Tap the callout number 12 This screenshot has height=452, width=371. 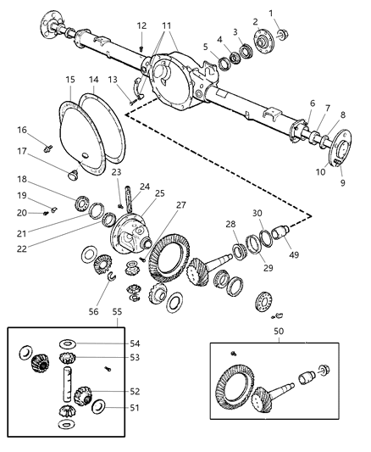click(x=141, y=25)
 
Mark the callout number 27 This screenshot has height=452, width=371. click(x=180, y=204)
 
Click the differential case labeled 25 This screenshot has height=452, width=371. click(x=137, y=232)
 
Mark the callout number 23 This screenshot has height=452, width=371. click(x=115, y=172)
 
